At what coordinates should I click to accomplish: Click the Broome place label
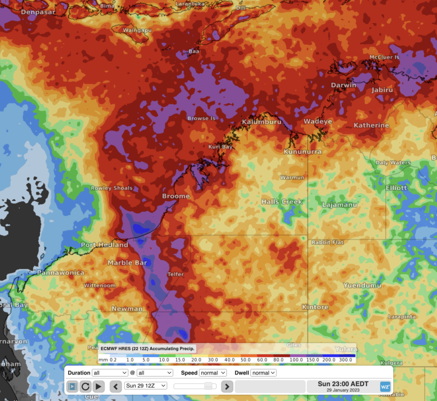[x=176, y=196]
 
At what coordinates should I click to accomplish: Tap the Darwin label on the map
[x=344, y=85]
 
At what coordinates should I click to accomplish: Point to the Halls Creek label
[x=282, y=202]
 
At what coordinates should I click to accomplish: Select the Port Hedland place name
[x=105, y=245]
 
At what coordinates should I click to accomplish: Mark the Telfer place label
[x=175, y=274]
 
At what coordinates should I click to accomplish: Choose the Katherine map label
[x=371, y=125]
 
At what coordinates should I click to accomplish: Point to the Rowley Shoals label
[x=112, y=188]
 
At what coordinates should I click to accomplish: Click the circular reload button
[x=85, y=386]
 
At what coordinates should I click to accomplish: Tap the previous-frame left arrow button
[x=116, y=386]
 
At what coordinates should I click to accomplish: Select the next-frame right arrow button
[x=227, y=386]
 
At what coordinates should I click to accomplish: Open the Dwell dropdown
[x=263, y=373]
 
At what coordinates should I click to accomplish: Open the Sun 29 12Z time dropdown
[x=145, y=386]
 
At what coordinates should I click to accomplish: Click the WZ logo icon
[x=385, y=386]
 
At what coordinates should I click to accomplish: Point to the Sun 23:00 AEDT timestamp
[x=343, y=384]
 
